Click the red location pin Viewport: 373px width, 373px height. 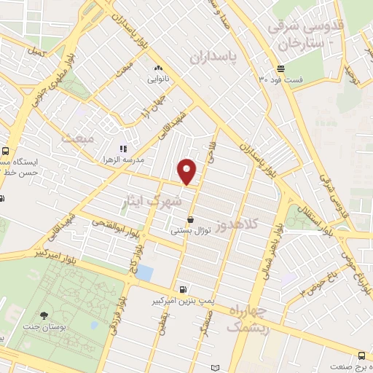[187, 171]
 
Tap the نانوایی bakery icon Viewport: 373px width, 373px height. [157, 68]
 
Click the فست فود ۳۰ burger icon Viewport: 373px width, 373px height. [280, 69]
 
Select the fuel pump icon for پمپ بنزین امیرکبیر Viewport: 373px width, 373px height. [181, 288]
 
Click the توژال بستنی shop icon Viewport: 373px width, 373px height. [191, 219]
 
